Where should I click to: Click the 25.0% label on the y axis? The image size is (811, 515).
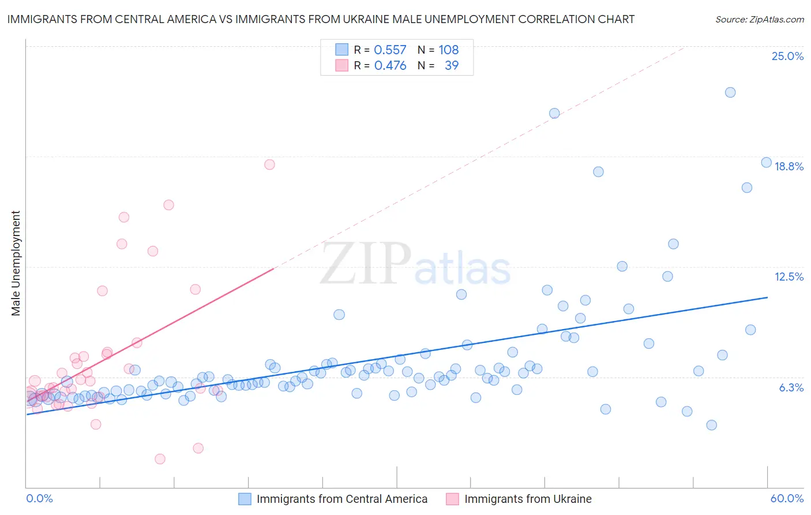coord(787,56)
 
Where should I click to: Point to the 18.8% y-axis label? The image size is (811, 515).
coord(789,166)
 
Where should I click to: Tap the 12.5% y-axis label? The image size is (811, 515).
coord(789,277)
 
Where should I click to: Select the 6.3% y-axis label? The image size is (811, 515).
coord(791,387)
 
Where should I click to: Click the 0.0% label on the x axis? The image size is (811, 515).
coord(39,498)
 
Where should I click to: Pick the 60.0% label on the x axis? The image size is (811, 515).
coord(787,498)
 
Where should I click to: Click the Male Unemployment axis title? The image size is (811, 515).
coord(16,263)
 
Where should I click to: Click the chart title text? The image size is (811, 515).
coord(321,19)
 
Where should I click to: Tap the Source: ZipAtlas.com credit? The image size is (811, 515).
coord(759,19)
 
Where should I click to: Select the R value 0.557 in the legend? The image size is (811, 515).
coord(390,50)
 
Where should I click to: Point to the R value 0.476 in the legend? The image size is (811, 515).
coord(390,66)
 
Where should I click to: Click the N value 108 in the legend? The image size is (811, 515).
coord(448,50)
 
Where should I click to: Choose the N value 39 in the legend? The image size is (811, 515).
coord(452,66)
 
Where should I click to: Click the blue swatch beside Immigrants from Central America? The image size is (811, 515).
coord(245,499)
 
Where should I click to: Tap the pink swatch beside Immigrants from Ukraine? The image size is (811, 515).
coord(452,499)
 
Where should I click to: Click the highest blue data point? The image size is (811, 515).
coord(730,92)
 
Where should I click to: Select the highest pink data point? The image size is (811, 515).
coord(269,165)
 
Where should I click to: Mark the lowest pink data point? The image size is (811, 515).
coord(160,459)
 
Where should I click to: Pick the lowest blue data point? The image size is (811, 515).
coord(711,425)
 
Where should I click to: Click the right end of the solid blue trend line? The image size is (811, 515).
coord(767,297)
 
